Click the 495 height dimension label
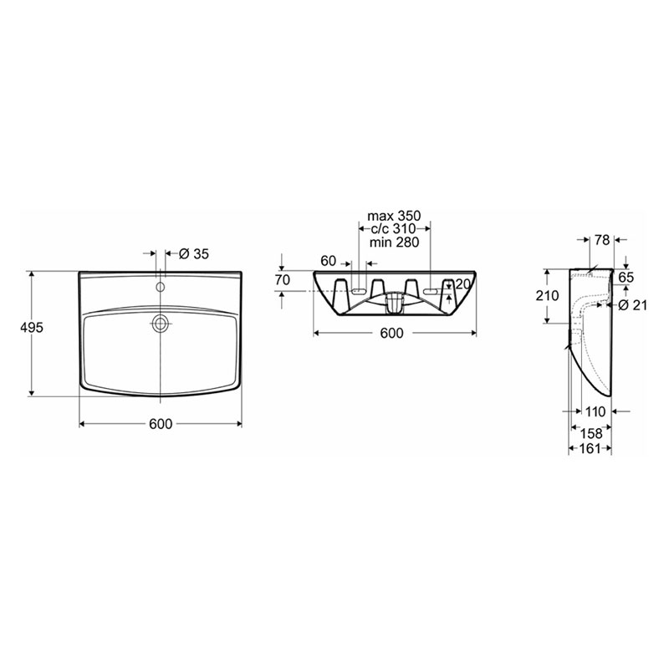click(32, 327)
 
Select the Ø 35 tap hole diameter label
click(194, 254)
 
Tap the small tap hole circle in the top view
click(160, 287)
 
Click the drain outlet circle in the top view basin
click(160, 324)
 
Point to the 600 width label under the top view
click(161, 424)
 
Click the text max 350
click(394, 216)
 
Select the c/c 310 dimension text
click(393, 228)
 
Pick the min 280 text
click(394, 242)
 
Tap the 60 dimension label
click(328, 261)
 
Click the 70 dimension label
click(283, 280)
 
